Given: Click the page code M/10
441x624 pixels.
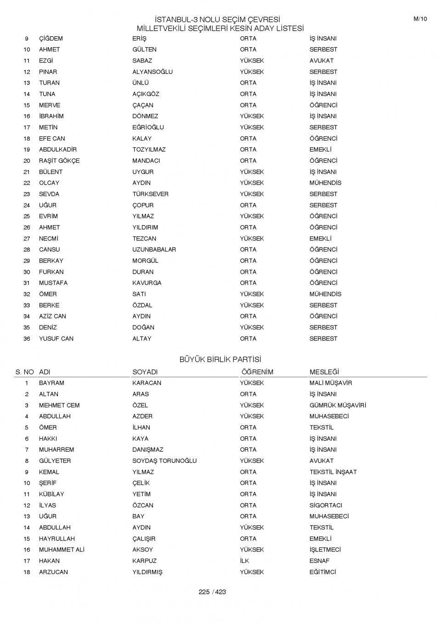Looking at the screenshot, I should pyautogui.click(x=420, y=19).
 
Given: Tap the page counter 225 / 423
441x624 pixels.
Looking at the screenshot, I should pyautogui.click(x=212, y=592).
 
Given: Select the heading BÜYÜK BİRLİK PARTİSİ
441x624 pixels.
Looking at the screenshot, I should pyautogui.click(x=220, y=359).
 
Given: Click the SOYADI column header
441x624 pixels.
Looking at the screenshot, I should pyautogui.click(x=145, y=372).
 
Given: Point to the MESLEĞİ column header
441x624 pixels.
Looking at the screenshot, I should pyautogui.click(x=324, y=372).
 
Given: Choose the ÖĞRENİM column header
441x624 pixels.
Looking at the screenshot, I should pyautogui.click(x=257, y=372).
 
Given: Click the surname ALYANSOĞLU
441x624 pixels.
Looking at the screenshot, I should pyautogui.click(x=153, y=72).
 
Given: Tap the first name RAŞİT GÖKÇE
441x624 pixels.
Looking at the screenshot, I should pyautogui.click(x=59, y=161).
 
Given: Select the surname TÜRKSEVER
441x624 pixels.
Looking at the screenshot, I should pyautogui.click(x=150, y=194).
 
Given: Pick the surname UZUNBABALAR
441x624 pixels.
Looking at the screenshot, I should pyautogui.click(x=154, y=250).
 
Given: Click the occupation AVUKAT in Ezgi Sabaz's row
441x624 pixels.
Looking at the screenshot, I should pyautogui.click(x=322, y=61).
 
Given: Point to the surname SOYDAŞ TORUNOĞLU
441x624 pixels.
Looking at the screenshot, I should pyautogui.click(x=164, y=461).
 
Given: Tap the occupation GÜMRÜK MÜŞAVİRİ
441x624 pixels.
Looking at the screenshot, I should pyautogui.click(x=338, y=405).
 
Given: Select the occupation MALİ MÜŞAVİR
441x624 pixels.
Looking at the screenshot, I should pyautogui.click(x=331, y=383).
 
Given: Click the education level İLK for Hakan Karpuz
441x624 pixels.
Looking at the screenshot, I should pyautogui.click(x=244, y=561).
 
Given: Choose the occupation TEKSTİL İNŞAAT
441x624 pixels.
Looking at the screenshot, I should pyautogui.click(x=333, y=472).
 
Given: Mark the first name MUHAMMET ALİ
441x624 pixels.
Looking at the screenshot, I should pyautogui.click(x=62, y=550).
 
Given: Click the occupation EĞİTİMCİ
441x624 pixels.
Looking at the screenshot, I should pyautogui.click(x=322, y=572).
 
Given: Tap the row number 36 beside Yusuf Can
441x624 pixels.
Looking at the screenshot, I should pyautogui.click(x=27, y=339).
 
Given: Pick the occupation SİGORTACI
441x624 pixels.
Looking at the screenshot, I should pyautogui.click(x=326, y=505).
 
